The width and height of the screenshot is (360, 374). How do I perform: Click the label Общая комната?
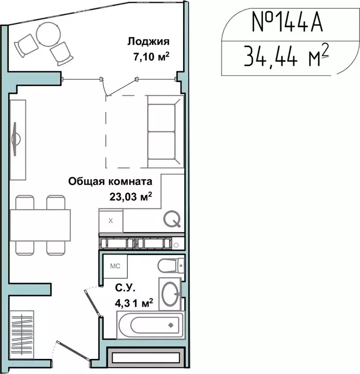coord(110,182)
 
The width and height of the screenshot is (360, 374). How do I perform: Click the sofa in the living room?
coord(166,131)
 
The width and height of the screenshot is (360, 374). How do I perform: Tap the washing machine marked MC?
coord(115,266)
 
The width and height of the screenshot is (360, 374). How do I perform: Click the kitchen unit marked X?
coord(111,221)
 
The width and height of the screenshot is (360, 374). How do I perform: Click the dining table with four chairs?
coord(40,224)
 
